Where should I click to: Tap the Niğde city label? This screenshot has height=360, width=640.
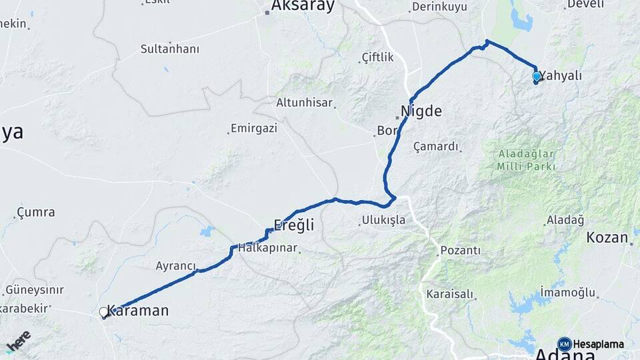click(421, 111)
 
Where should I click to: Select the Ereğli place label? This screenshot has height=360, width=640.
click(293, 225)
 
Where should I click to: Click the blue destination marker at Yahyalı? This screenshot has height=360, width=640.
click(537, 77)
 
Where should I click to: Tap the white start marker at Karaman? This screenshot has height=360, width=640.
click(104, 311)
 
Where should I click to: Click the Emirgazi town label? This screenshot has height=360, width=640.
click(253, 128)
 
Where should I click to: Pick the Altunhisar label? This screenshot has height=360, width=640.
click(304, 103)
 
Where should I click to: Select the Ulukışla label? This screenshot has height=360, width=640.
click(383, 220)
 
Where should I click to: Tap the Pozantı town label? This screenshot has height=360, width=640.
click(460, 251)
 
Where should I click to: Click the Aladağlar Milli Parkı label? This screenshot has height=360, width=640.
click(526, 159)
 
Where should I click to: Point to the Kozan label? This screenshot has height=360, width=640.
click(607, 237)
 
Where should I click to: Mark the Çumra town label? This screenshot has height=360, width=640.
click(36, 213)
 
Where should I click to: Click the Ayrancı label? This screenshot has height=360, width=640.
click(175, 265)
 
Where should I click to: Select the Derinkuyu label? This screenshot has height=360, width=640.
click(439, 7)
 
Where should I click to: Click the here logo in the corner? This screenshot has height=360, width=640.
click(18, 341)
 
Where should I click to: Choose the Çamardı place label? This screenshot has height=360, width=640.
click(437, 146)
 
